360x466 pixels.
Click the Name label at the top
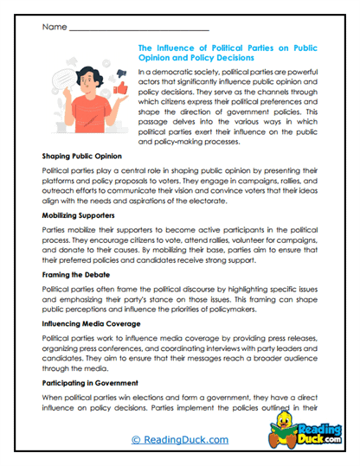pos(53,27)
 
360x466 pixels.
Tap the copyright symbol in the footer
pos(136,440)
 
